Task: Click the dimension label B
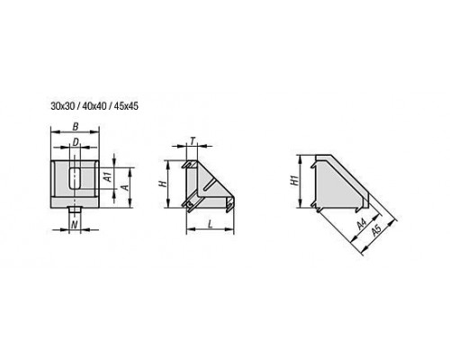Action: [76, 127]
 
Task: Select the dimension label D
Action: [76, 142]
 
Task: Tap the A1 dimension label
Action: [109, 177]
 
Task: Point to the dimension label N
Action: [75, 224]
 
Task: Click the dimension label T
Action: [193, 140]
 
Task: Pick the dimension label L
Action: [211, 224]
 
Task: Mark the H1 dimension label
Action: [296, 180]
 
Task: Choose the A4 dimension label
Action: [362, 224]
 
